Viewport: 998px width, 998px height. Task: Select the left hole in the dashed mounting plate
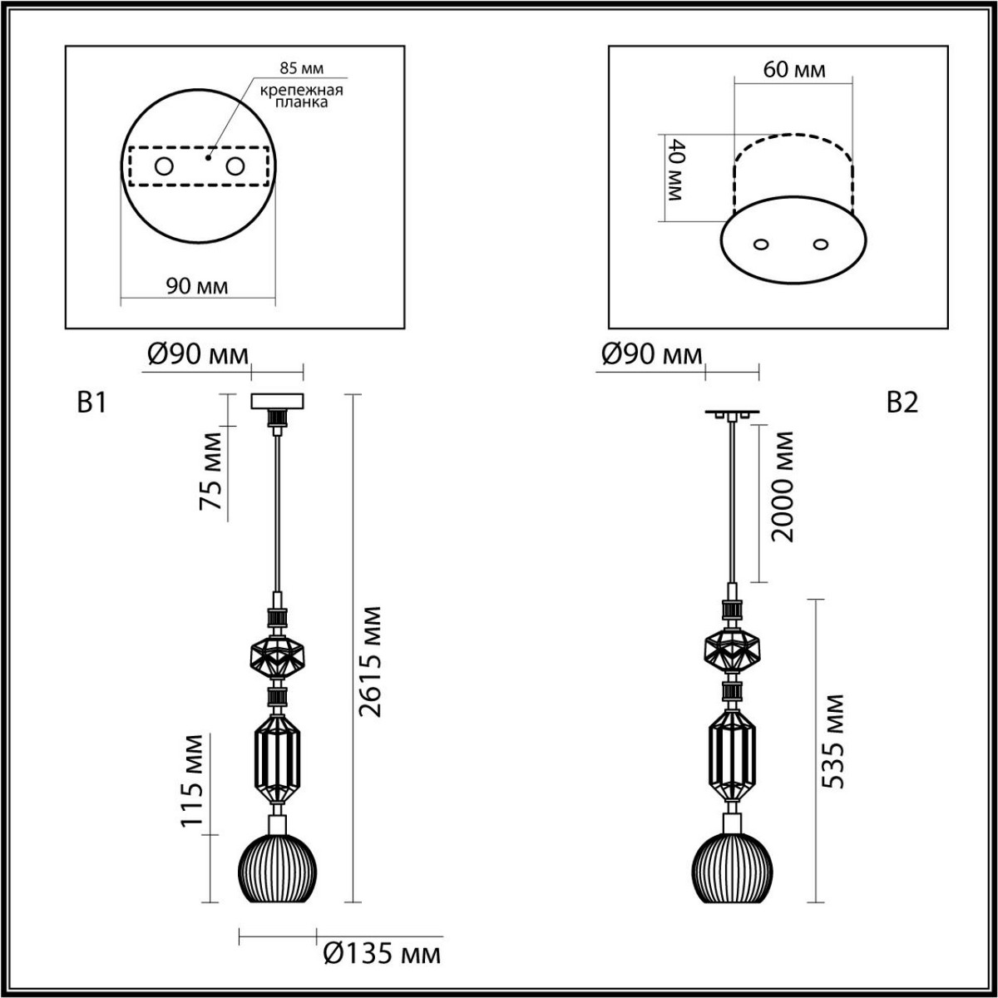(163, 167)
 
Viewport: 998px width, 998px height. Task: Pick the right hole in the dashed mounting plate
(236, 167)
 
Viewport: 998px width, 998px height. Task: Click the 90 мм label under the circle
(197, 286)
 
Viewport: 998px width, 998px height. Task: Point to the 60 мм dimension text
(794, 69)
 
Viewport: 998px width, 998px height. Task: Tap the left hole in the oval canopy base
(760, 245)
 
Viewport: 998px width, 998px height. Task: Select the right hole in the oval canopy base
(822, 245)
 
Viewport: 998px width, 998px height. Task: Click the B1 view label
(91, 403)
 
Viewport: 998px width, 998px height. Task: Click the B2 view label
(902, 403)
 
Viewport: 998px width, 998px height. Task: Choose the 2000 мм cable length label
(783, 487)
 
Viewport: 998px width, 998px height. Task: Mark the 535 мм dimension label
(832, 740)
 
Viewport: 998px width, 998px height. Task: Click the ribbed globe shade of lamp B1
(278, 870)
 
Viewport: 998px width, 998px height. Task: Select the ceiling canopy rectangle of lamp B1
(278, 401)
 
